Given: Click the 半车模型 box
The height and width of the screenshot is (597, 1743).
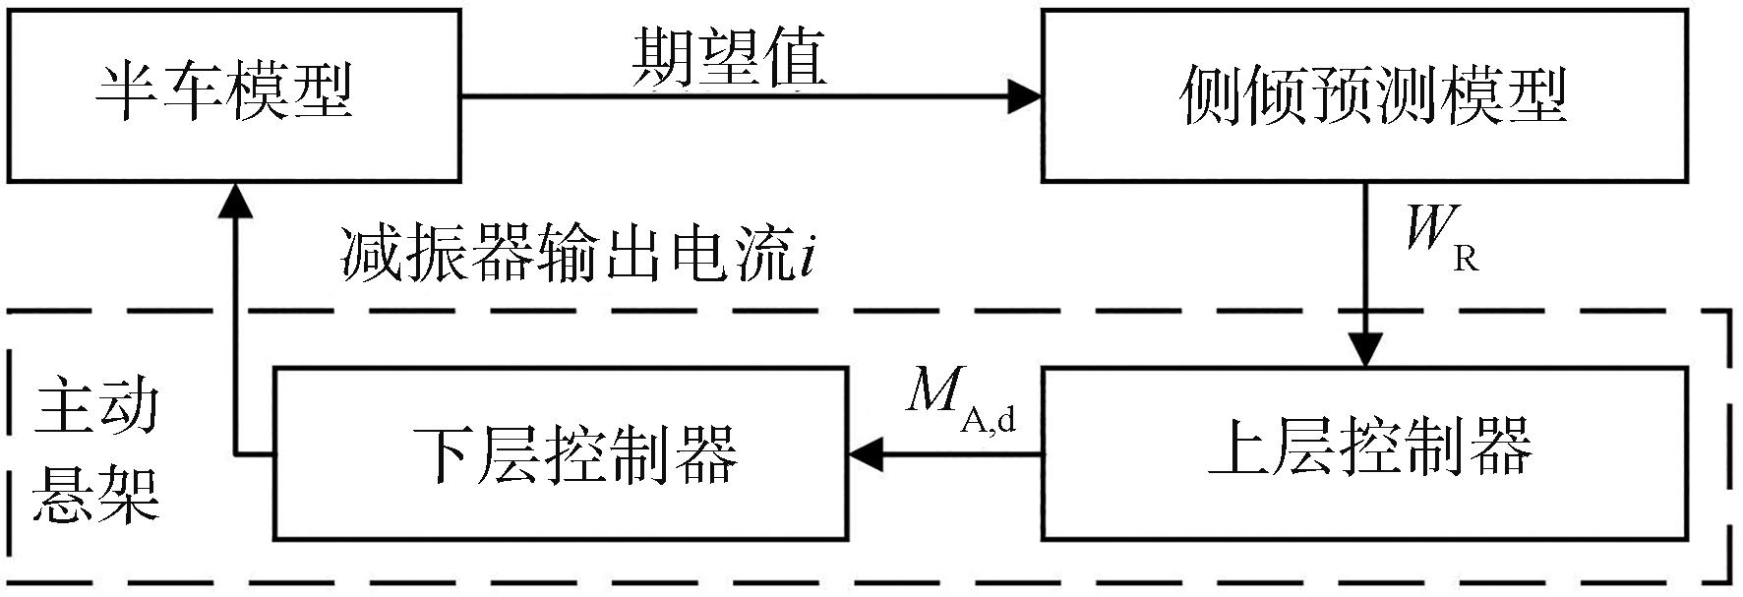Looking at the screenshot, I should point(234,95).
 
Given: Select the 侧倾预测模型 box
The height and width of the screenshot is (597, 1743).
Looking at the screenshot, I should point(1372,95).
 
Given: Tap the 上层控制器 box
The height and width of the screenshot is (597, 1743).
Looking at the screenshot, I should point(1372,453).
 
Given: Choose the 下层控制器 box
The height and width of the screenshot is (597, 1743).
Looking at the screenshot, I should point(560,453).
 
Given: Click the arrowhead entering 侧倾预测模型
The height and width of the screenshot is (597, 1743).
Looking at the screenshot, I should point(1025,95).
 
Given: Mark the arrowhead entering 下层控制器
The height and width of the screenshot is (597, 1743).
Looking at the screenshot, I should point(866,454).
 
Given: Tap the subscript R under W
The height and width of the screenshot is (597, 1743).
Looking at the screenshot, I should point(1465,259).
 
